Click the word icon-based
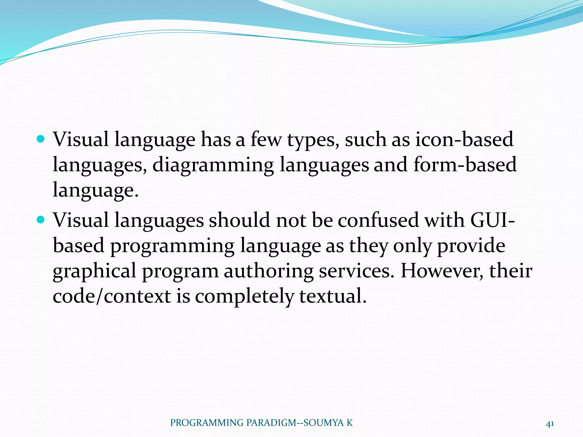click(x=464, y=139)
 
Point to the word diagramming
click(x=213, y=165)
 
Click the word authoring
click(x=268, y=271)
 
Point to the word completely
click(x=244, y=296)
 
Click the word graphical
click(x=95, y=271)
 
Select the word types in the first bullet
click(x=313, y=140)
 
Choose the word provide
click(x=471, y=246)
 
